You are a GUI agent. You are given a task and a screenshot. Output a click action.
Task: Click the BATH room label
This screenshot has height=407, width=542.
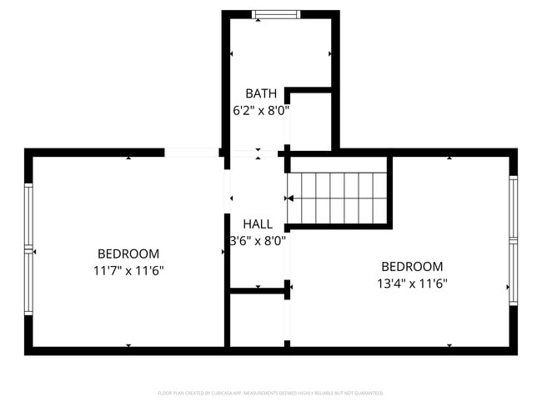pyautogui.click(x=261, y=93)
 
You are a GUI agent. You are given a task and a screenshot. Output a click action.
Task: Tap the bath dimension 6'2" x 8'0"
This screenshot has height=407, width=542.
pyautogui.click(x=261, y=109)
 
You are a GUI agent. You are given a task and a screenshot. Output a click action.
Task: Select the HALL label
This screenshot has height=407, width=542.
pyautogui.click(x=258, y=224)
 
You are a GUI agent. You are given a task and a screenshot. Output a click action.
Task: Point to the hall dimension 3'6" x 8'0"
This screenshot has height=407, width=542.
pyautogui.click(x=258, y=240)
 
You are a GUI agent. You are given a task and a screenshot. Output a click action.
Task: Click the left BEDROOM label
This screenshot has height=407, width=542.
pyautogui.click(x=128, y=254)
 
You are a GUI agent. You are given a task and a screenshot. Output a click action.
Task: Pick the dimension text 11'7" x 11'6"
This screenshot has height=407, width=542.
pyautogui.click(x=128, y=270)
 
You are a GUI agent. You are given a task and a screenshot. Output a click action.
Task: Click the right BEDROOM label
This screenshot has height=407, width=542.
pyautogui.click(x=412, y=267)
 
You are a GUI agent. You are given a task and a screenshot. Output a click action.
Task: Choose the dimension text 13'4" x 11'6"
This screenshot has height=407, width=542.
pyautogui.click(x=412, y=284)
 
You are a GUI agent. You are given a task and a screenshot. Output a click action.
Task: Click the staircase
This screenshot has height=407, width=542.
pyautogui.click(x=339, y=198)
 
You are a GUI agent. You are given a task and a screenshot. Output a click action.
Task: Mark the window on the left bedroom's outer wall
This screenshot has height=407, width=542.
pyautogui.click(x=28, y=249)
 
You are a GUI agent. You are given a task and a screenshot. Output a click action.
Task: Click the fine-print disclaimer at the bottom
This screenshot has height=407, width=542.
pyautogui.click(x=271, y=392)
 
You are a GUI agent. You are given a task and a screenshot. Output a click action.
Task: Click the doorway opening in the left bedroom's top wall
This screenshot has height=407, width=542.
pyautogui.click(x=192, y=153)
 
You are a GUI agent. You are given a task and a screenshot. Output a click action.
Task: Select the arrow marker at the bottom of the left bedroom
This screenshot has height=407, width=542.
pyautogui.click(x=128, y=345)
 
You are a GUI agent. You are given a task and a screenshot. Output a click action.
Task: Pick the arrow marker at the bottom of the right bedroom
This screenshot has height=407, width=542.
pyautogui.click(x=449, y=345)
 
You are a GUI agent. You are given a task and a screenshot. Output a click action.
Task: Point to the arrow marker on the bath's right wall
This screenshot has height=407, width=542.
pyautogui.click(x=330, y=53)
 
